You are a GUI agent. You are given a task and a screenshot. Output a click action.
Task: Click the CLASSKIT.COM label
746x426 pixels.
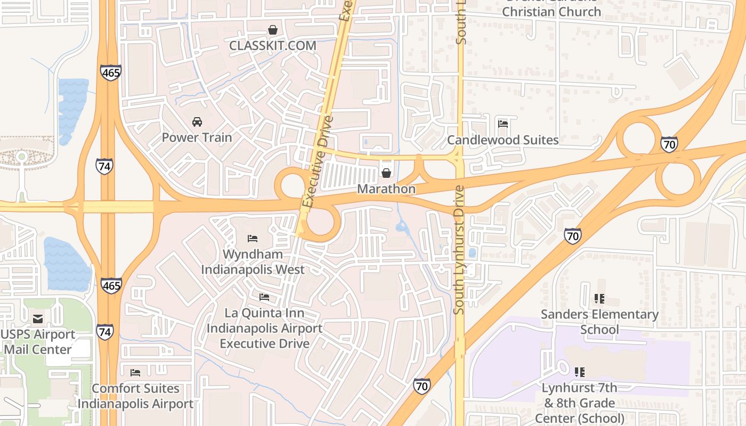point(272,46)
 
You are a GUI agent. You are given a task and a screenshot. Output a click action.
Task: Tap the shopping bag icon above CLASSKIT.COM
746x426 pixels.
point(272,30)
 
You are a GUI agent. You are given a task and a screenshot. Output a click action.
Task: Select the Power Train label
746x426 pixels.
point(197,137)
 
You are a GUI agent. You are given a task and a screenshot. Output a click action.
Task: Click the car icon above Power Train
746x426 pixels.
point(197,121)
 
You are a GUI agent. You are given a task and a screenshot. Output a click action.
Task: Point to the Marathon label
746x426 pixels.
point(386,189)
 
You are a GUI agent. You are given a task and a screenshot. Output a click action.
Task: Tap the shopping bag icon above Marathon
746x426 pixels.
point(386,173)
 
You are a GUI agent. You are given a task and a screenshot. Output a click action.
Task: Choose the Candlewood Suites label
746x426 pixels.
point(502,140)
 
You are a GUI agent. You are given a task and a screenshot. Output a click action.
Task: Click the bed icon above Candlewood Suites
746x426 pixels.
point(502,124)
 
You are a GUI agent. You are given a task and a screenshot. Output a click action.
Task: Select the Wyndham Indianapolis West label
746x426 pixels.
point(253,261)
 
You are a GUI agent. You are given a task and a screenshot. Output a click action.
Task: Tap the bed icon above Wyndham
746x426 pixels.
point(253,238)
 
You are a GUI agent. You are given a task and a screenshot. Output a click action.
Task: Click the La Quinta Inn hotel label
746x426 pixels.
point(264,328)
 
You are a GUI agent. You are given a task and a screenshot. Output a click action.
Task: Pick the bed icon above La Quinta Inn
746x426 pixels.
point(264,297)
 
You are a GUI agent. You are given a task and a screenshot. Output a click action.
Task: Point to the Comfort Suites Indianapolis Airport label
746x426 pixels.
point(135,396)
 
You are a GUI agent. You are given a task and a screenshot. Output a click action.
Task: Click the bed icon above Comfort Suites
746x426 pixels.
point(135,372)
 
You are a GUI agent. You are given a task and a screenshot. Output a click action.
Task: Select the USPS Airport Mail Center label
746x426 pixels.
point(38,342)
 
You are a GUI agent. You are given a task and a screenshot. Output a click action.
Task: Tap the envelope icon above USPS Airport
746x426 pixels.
point(38,319)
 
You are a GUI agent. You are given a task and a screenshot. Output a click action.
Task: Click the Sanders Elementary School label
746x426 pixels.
point(599,322)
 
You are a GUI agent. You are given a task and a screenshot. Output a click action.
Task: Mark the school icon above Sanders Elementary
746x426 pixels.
point(599,299)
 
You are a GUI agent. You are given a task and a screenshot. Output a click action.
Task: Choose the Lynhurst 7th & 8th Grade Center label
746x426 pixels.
point(579,403)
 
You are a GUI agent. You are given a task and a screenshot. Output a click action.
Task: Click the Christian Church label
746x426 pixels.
point(552,11)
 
